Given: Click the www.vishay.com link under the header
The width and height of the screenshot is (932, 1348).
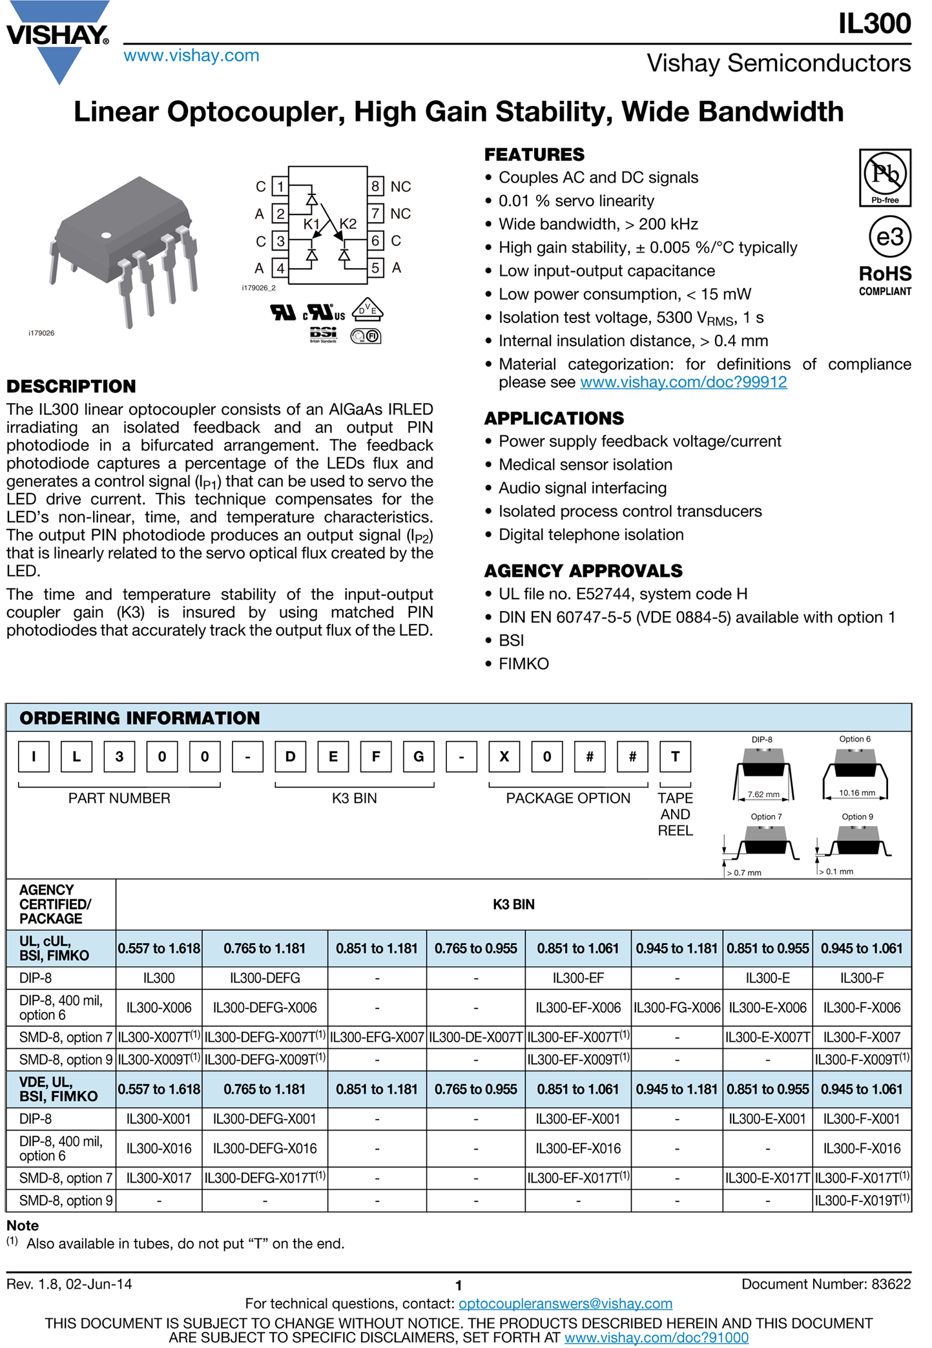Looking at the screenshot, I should point(191,56).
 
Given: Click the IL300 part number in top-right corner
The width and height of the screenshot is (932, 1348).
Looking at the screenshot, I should point(874,24).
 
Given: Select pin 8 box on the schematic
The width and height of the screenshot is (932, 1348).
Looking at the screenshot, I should point(375,187).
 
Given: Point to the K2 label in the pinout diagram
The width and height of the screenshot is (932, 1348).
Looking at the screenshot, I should point(348,223).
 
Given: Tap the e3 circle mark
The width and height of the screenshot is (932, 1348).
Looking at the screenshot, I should point(889,237).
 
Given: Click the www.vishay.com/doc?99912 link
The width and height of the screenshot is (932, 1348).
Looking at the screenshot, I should point(683,382).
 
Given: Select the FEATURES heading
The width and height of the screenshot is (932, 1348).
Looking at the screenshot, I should point(534,155).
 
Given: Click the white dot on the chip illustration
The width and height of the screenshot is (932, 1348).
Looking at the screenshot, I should point(107,235).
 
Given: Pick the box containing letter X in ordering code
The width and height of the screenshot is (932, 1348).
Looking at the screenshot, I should point(504,756).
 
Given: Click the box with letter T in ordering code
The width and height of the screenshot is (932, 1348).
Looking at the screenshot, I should point(675,756).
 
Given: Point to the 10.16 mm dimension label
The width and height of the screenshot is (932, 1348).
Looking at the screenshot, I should point(856,793).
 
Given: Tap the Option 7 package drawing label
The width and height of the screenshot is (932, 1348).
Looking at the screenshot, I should point(765,816).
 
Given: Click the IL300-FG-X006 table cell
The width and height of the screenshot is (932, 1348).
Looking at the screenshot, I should point(676,1008).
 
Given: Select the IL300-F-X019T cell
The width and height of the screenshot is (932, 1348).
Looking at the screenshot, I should point(862,1201).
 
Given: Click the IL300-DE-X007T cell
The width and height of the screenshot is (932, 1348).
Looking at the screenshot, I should point(475,1037).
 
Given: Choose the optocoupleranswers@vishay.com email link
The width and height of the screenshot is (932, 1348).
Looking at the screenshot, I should point(565,1303).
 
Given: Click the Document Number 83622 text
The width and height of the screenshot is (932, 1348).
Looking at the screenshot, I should point(825,1284).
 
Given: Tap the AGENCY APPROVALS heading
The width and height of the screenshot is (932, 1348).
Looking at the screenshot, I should point(583,571).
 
